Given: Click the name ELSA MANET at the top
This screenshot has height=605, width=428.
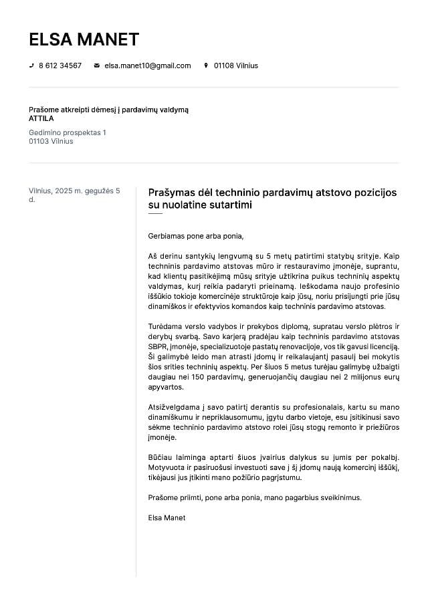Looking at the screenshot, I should click(x=84, y=39).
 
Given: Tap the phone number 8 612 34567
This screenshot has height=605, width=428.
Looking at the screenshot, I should click(x=60, y=66).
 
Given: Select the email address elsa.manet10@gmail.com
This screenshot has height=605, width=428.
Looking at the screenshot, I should click(x=148, y=66).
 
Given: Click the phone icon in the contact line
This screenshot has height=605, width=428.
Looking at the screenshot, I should click(x=31, y=66).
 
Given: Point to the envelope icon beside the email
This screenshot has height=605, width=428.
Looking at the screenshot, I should click(x=97, y=66).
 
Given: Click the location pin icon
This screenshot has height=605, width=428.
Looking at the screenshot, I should click(x=206, y=66).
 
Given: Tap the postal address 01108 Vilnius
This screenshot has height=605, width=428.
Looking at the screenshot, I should click(x=235, y=66).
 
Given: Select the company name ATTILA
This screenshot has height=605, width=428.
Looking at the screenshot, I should click(x=41, y=118).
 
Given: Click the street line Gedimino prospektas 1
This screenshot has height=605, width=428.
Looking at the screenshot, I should click(x=67, y=132).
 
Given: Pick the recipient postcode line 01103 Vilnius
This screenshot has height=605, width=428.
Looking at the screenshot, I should click(x=51, y=141).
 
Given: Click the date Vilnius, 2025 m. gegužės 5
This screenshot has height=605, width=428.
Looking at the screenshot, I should click(x=74, y=191).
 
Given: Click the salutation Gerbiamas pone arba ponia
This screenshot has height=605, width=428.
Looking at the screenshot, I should click(x=196, y=236).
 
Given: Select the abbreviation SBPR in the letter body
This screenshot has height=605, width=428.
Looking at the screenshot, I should click(x=157, y=347).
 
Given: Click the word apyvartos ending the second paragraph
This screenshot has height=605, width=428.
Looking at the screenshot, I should click(x=166, y=387).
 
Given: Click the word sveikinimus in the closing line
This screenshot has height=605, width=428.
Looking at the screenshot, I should click(x=339, y=497).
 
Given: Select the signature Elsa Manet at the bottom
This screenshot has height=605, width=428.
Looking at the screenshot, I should click(x=167, y=517).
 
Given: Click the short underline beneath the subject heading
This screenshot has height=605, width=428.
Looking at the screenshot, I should click(x=155, y=214).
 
